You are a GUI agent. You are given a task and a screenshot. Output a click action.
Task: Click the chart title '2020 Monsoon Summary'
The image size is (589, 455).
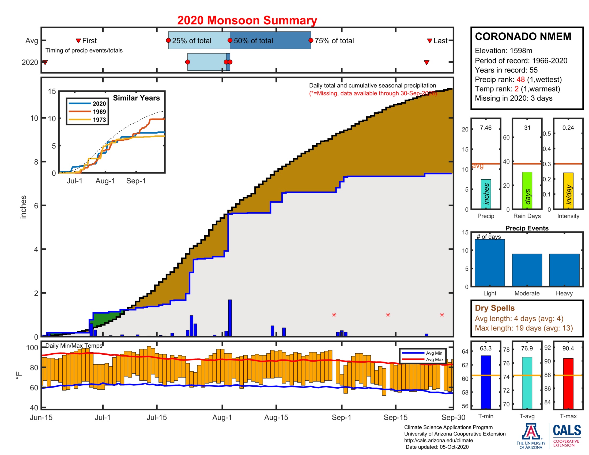[247, 21]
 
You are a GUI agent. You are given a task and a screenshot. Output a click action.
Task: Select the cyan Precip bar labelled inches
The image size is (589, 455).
[486, 194]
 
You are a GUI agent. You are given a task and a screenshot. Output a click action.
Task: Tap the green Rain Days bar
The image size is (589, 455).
[527, 190]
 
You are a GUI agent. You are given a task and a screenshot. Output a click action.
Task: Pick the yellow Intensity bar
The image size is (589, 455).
[568, 191]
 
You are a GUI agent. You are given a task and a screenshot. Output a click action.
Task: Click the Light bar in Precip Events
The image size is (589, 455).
[489, 263]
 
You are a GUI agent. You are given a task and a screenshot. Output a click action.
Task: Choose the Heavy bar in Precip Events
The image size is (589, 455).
[564, 270]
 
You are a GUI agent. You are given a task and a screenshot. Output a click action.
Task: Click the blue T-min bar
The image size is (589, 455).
[486, 382]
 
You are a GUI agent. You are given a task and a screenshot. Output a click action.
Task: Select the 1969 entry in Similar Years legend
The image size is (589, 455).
[99, 112]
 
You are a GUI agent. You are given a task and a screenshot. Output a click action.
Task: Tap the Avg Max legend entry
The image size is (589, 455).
[435, 359]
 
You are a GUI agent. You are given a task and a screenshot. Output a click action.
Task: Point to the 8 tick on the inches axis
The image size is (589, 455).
[36, 162]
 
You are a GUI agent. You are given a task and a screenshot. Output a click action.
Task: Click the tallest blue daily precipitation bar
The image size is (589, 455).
[230, 318]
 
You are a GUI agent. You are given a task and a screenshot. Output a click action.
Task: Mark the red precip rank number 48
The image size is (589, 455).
[520, 79]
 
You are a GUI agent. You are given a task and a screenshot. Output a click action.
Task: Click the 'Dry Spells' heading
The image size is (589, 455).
[494, 308]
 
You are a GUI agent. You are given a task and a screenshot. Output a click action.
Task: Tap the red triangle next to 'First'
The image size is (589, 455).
[78, 41]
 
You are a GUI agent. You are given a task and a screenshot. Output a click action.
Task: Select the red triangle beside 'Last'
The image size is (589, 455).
[430, 41]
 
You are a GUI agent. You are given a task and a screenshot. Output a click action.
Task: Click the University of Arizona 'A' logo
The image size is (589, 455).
[531, 431]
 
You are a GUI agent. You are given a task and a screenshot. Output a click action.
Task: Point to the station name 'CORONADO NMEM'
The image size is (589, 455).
[523, 37]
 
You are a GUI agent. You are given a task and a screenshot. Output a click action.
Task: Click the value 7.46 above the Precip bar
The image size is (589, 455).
[486, 128]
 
